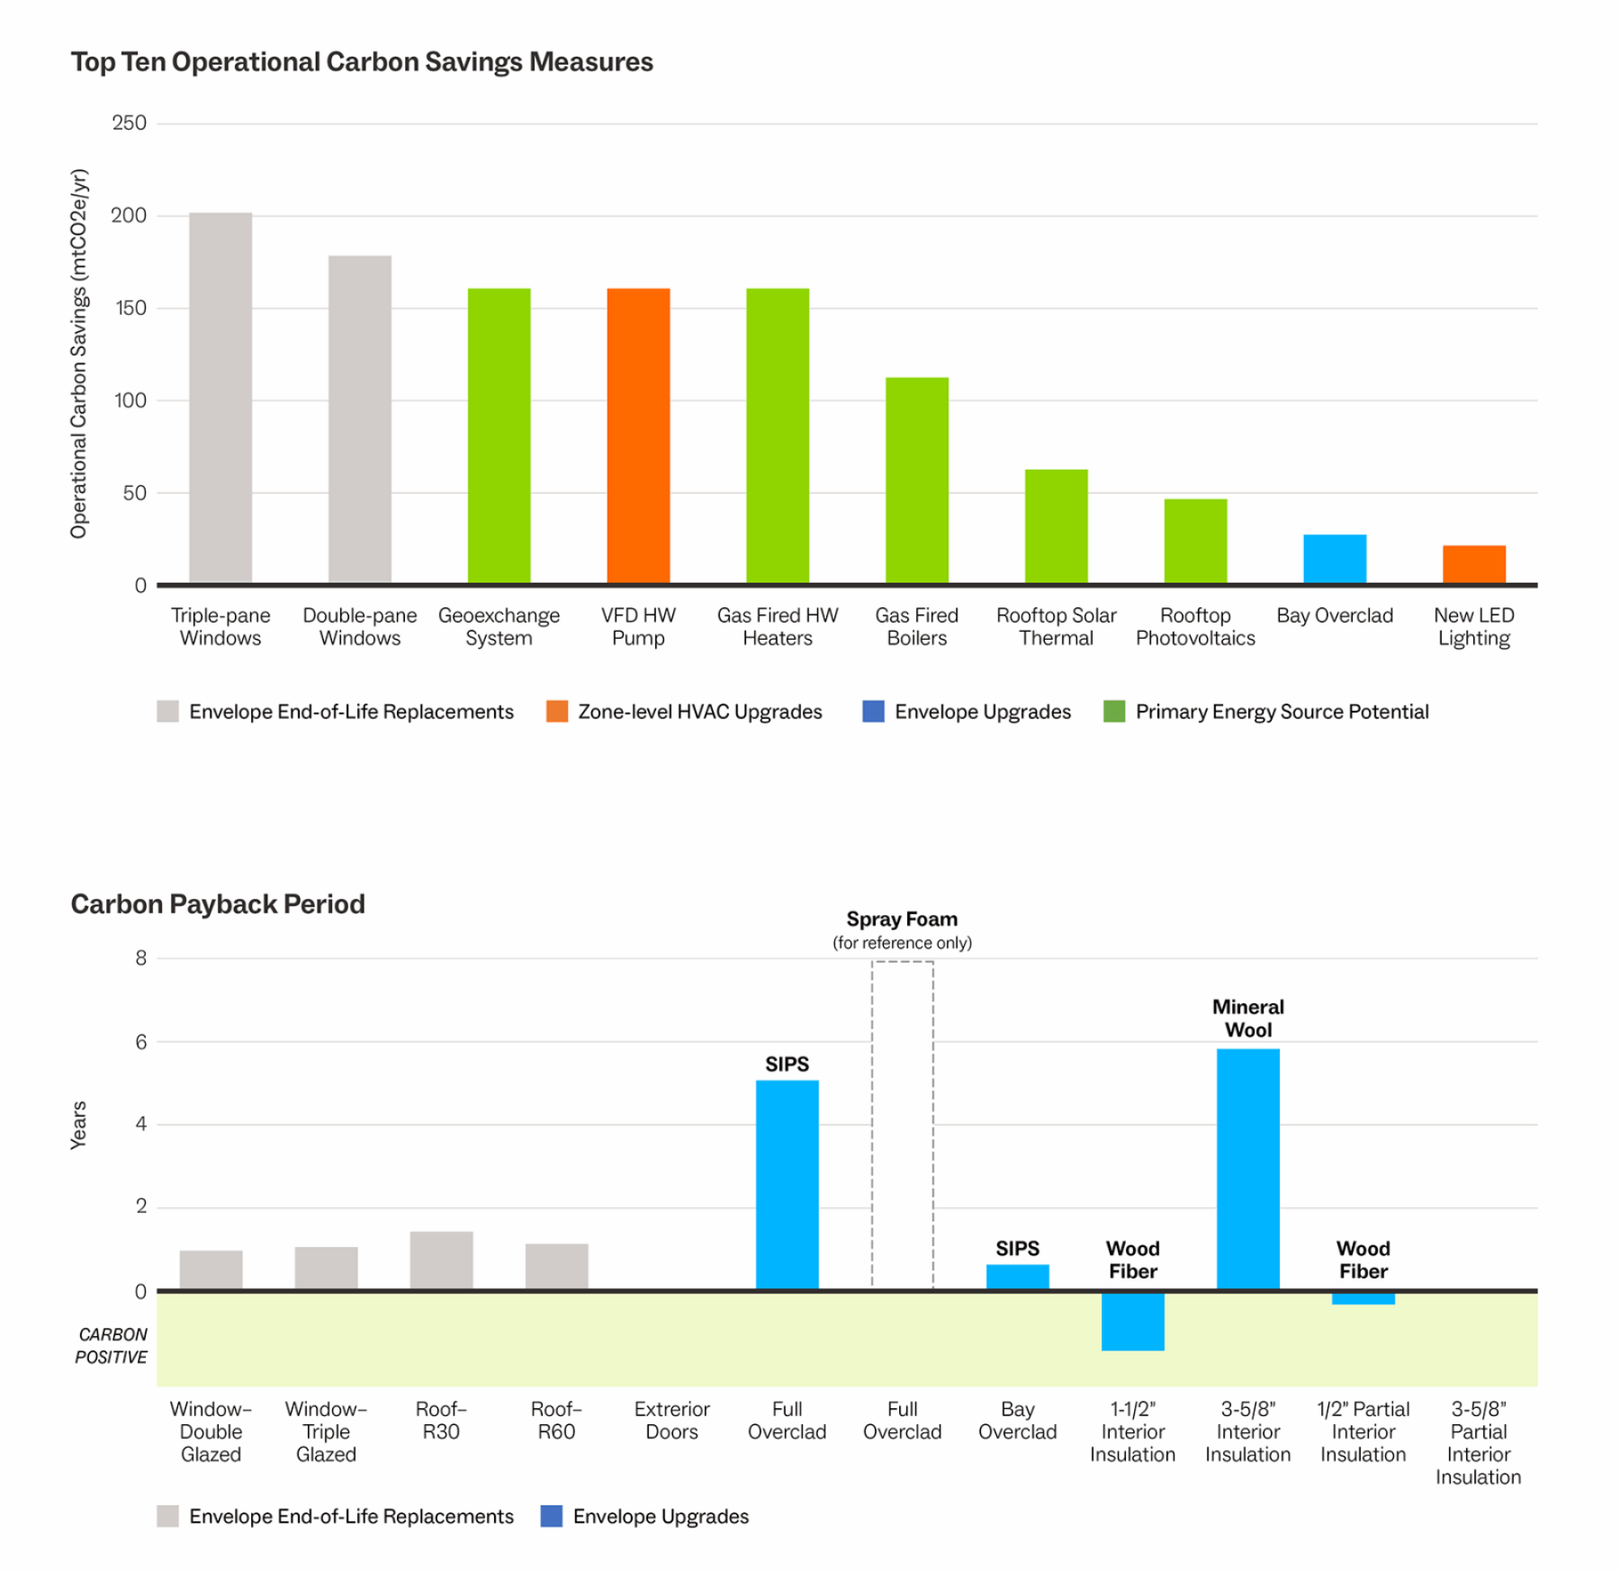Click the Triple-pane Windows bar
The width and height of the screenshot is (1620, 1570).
pyautogui.click(x=220, y=398)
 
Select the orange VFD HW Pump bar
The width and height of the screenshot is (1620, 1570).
pyautogui.click(x=638, y=435)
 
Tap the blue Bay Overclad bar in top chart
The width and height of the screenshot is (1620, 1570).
pyautogui.click(x=1335, y=559)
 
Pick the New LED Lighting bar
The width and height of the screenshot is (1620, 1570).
pyautogui.click(x=1473, y=564)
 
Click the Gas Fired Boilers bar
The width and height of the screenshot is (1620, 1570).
pyautogui.click(x=916, y=480)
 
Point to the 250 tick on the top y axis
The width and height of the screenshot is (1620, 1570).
pyautogui.click(x=130, y=123)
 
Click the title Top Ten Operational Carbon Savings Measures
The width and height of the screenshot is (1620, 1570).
pyautogui.click(x=362, y=62)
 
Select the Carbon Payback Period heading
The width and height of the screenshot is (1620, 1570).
pyautogui.click(x=218, y=904)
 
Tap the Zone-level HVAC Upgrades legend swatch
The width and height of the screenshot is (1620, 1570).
pyautogui.click(x=557, y=712)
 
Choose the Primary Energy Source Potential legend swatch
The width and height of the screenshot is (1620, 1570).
pyautogui.click(x=1114, y=712)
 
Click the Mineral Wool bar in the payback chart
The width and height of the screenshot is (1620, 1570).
pyautogui.click(x=1247, y=1169)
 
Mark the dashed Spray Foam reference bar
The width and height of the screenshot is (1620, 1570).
pyautogui.click(x=902, y=1125)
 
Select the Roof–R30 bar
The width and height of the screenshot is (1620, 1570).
pyautogui.click(x=441, y=1260)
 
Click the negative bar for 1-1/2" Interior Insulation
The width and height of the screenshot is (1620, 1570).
pyautogui.click(x=1132, y=1321)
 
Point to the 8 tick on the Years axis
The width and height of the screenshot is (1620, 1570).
pyautogui.click(x=141, y=958)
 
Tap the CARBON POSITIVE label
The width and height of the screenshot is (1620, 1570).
pyautogui.click(x=112, y=1346)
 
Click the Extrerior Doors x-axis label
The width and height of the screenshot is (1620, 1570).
pyautogui.click(x=671, y=1421)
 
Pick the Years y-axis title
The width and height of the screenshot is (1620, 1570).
pyautogui.click(x=79, y=1125)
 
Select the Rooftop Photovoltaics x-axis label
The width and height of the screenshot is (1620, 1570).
pyautogui.click(x=1195, y=627)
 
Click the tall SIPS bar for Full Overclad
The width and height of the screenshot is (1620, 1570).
pyautogui.click(x=787, y=1184)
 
